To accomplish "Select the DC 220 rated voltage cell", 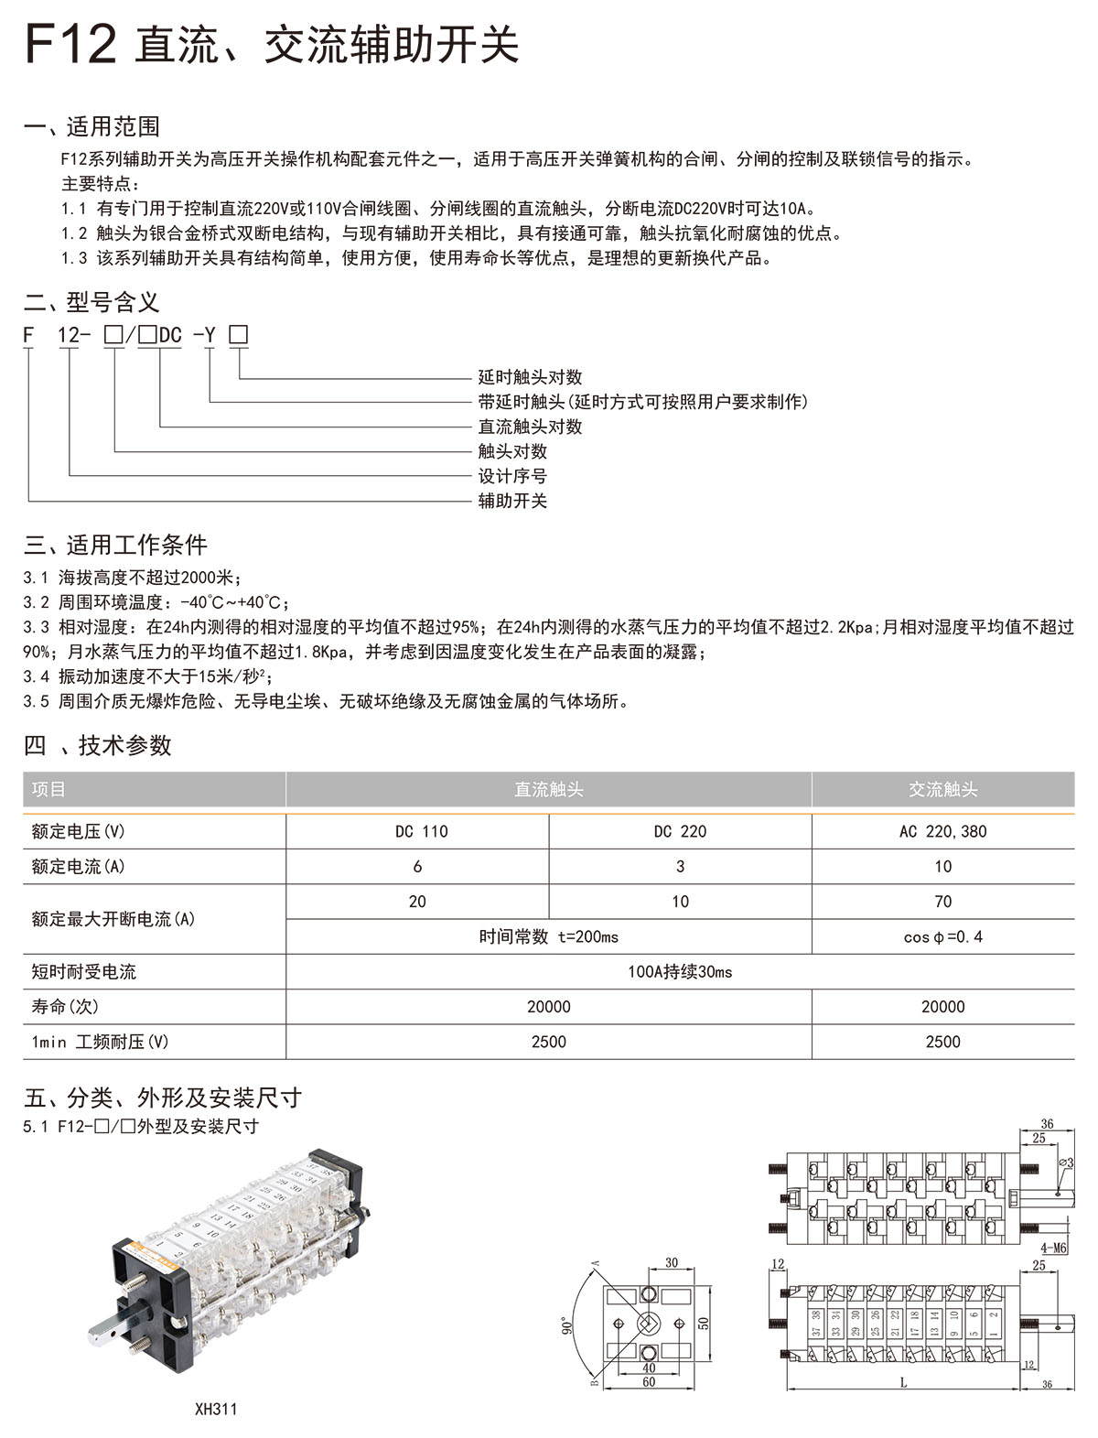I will tap(680, 831).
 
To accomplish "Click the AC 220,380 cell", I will tap(942, 831).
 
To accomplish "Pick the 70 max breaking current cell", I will tap(942, 902).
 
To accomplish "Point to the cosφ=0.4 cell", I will tap(942, 936).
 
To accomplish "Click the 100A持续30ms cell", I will tap(680, 971).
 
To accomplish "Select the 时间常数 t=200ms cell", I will tap(549, 936).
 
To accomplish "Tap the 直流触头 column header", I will tap(549, 789).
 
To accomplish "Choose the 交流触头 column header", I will tap(942, 789).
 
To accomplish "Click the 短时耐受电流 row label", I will tap(84, 971).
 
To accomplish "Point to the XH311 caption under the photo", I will tap(216, 1409).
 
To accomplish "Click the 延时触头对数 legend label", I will tap(530, 377).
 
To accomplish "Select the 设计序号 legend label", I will tap(512, 476).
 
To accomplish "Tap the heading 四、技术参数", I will tap(98, 745).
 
